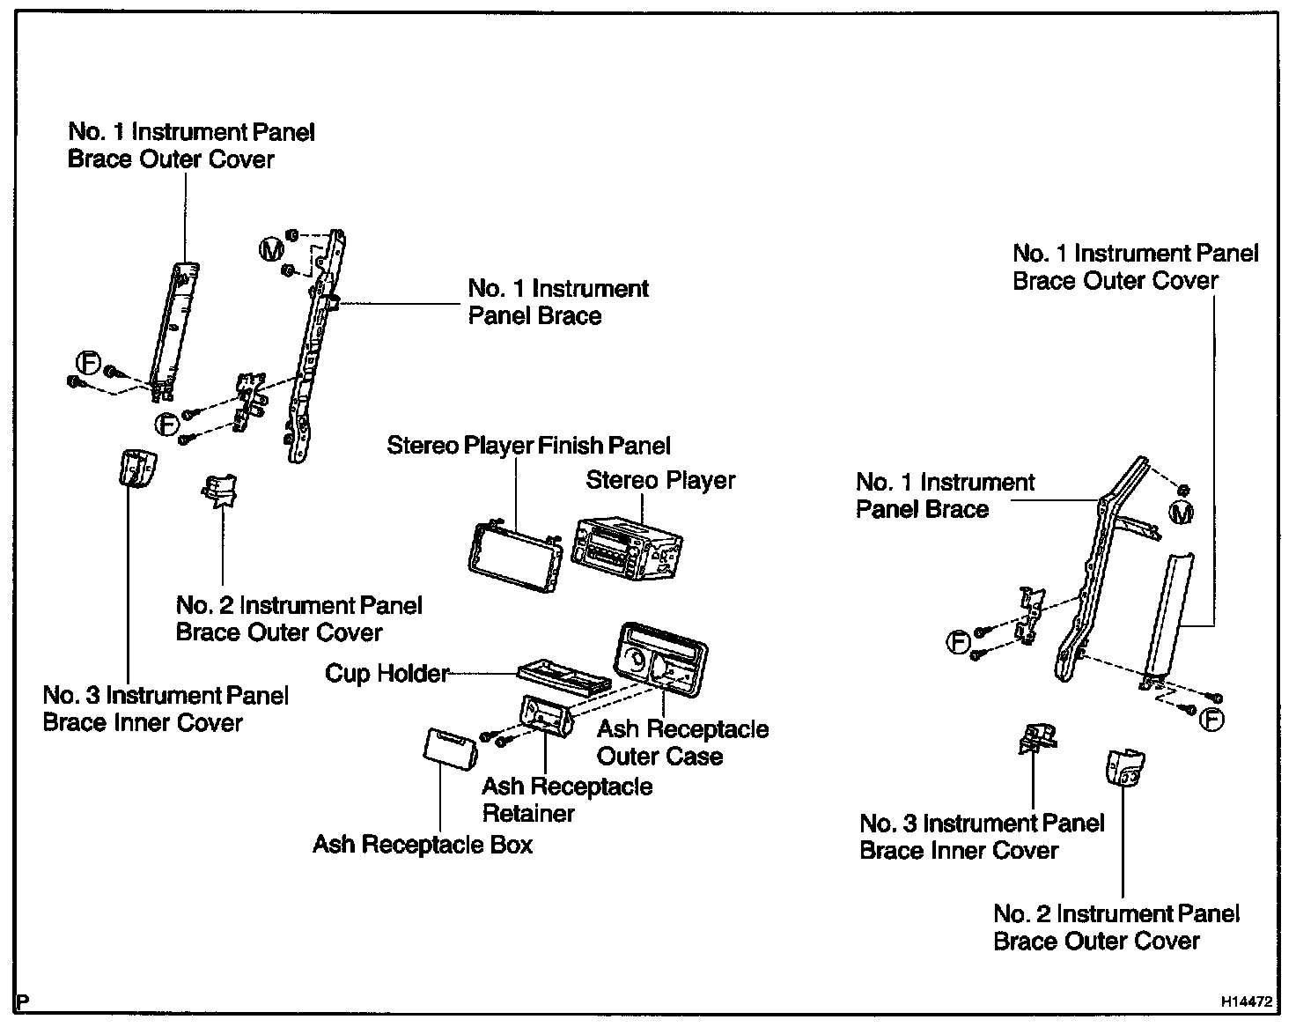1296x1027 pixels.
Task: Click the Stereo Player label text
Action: (660, 481)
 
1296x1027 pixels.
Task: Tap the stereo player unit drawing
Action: (626, 543)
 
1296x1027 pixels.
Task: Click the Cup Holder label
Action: (387, 674)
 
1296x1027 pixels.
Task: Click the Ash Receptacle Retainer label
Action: (567, 800)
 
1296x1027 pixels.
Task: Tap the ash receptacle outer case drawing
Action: (662, 660)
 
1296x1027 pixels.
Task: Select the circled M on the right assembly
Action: (1181, 512)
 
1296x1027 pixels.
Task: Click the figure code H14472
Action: (1246, 1001)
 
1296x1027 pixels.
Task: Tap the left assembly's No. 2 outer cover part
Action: (219, 491)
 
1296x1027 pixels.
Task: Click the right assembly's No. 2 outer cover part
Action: (1124, 767)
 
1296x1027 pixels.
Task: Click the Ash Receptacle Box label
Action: (423, 846)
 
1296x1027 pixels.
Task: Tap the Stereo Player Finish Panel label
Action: (528, 446)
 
